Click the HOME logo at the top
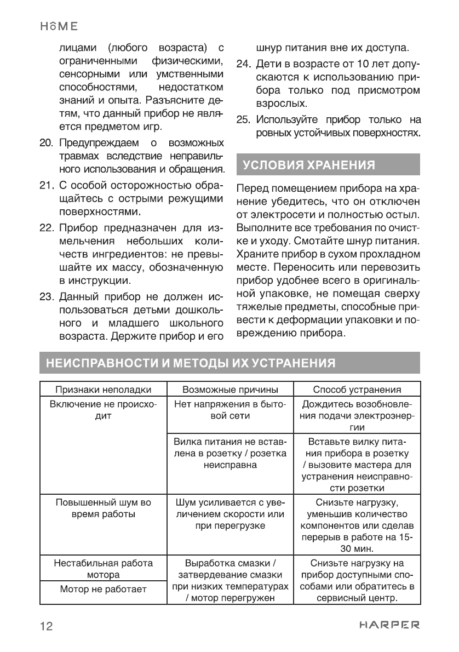point(58,27)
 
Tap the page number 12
point(46,626)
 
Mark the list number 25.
point(243,119)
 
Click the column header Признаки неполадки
point(103,390)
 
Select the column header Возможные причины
point(230,390)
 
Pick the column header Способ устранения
point(357,390)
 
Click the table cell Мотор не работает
point(103,590)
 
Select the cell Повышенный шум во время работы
point(103,508)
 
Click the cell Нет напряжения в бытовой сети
point(230,410)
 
